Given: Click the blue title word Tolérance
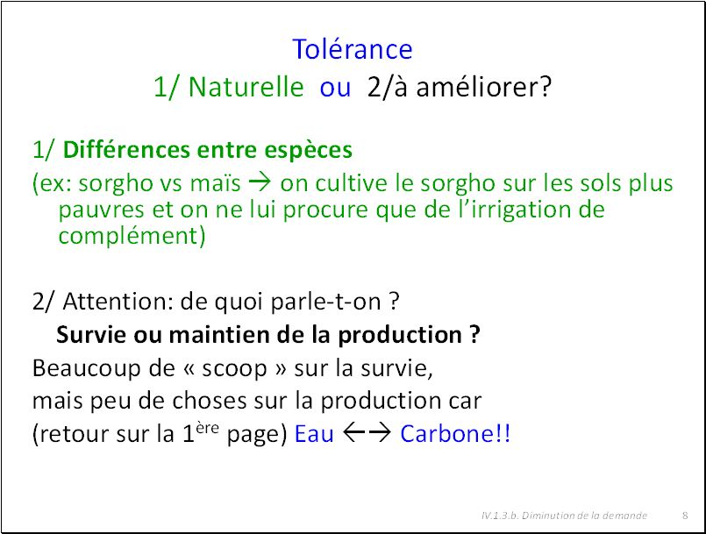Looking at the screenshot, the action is [352, 48].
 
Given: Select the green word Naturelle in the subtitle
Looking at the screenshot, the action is [246, 87].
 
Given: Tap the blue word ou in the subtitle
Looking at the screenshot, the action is [335, 88].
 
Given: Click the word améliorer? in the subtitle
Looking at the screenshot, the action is [483, 87].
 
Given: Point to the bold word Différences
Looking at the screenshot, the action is [126, 149].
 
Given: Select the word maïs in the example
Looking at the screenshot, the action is [215, 183].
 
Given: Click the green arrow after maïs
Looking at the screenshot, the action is [260, 182].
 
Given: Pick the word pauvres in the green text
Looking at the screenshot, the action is [102, 210].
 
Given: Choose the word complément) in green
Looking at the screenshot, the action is [132, 236].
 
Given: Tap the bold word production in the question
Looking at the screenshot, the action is [400, 336].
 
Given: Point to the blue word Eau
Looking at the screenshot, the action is [314, 434].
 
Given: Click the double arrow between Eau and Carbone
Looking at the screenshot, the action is [367, 433].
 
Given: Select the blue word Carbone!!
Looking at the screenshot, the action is [455, 433].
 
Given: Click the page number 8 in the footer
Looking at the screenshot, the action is [685, 516].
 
